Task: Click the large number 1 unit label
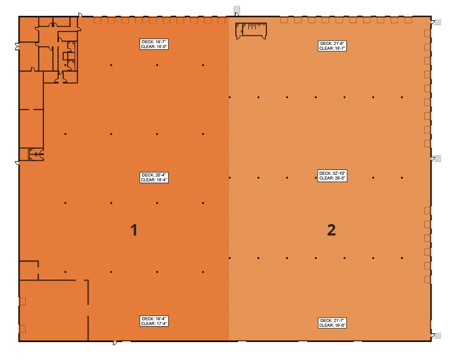pyautogui.click(x=134, y=230)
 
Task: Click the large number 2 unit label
pyautogui.click(x=331, y=230)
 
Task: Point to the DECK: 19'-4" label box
pyautogui.click(x=154, y=321)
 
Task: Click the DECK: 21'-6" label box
pyautogui.click(x=332, y=46)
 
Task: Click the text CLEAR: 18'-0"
pyautogui.click(x=154, y=47)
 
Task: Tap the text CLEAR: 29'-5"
pyautogui.click(x=332, y=178)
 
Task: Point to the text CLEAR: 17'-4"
pyautogui.click(x=154, y=324)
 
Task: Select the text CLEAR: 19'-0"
pyautogui.click(x=332, y=325)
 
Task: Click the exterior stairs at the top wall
pyautogui.click(x=237, y=10)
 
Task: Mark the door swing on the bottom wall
pyautogui.click(x=115, y=343)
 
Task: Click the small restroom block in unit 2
pyautogui.click(x=251, y=31)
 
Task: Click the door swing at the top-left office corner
pyautogui.click(x=80, y=15)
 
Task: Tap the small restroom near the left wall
pyautogui.click(x=36, y=154)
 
